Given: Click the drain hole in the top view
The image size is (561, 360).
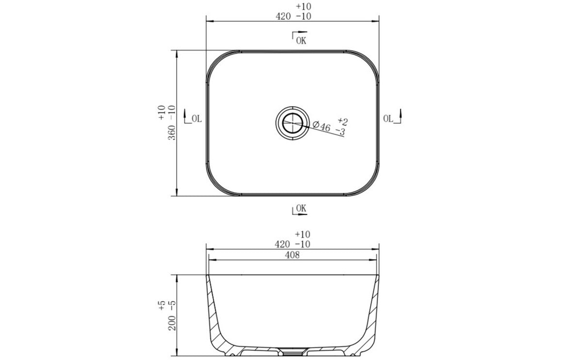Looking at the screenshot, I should click(x=292, y=122).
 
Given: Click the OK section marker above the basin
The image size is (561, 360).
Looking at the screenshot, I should click(x=299, y=39).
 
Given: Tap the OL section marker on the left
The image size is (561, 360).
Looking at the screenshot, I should click(x=194, y=118).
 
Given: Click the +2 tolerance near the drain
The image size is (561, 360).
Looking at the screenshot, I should click(x=343, y=121).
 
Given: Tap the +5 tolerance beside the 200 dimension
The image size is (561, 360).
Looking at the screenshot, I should click(x=162, y=305).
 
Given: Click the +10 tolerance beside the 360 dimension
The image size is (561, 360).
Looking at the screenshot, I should click(x=162, y=112).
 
